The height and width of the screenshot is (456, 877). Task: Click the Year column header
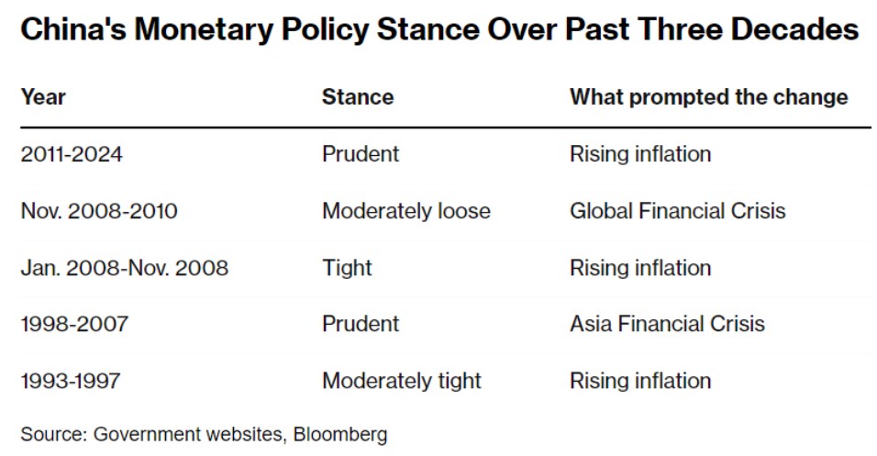coord(43,97)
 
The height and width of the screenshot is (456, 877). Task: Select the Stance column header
coord(358,97)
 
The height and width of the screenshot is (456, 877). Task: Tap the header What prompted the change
coord(708,97)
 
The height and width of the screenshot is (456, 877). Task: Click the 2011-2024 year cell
coord(72,154)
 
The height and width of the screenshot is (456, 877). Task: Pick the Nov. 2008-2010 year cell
coord(99,211)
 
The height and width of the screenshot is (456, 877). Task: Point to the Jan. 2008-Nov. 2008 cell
coord(125,268)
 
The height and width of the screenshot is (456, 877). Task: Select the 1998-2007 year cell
coord(74,324)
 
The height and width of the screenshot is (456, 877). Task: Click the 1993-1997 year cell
coord(71,381)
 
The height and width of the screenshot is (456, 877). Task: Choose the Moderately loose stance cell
coord(406,211)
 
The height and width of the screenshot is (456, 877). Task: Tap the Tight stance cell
coord(347,268)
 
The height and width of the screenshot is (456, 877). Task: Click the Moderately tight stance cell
coord(402,381)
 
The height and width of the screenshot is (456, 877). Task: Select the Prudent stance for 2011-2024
coord(361,154)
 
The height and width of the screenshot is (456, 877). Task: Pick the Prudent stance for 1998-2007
coord(361,324)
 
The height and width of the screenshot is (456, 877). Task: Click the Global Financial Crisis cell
coord(678,211)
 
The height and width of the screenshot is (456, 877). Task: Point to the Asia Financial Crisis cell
coord(667,324)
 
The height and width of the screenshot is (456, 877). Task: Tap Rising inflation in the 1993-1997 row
coord(640,381)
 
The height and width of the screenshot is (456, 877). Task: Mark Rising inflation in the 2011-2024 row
coord(640,154)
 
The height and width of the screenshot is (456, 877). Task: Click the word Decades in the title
coord(794,29)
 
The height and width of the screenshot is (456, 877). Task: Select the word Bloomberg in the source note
coord(340,434)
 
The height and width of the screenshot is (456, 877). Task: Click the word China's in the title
coord(73,29)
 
